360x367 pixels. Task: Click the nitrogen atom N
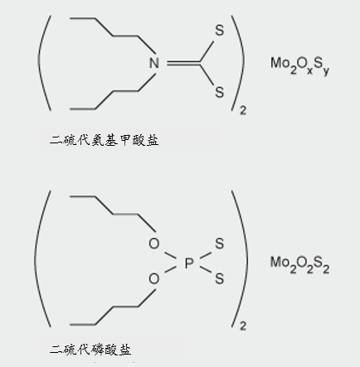154,63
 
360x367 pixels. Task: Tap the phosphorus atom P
189,263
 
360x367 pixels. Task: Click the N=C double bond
183,63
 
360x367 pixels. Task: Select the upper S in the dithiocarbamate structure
220,30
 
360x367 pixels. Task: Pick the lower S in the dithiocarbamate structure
220,92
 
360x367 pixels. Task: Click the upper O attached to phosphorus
154,244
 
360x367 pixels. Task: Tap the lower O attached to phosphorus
154,278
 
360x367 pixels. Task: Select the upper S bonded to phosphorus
220,244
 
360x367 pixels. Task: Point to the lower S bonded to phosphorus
220,278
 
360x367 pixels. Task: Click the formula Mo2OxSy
299,65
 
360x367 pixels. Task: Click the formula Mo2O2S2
299,265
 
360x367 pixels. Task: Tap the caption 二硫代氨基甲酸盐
105,140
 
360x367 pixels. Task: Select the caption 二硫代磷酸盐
90,350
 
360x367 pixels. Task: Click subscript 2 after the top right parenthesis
243,110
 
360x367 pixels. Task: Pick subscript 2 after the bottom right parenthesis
243,326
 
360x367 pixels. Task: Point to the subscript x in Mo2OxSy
310,70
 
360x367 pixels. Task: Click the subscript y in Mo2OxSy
326,71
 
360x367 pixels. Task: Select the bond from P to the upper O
170,256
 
